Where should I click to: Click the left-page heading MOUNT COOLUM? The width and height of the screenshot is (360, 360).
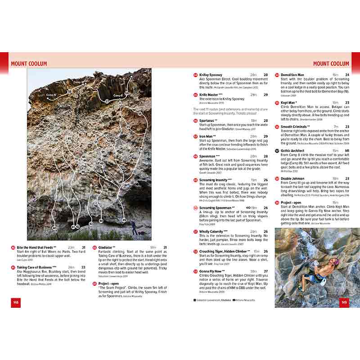tap(29, 64)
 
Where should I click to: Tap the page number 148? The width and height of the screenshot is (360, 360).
tap(15, 302)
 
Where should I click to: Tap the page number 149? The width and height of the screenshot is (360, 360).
tap(344, 302)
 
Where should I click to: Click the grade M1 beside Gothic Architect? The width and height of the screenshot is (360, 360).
tap(347, 151)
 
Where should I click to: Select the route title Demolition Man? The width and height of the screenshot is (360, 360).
tap(293, 75)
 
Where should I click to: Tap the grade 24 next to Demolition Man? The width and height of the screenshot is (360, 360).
tap(347, 75)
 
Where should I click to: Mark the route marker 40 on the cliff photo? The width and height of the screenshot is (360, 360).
tap(55, 228)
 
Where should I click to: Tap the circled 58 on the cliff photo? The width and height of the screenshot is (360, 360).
tap(69, 92)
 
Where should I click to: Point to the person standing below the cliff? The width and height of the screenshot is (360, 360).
tap(133, 226)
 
